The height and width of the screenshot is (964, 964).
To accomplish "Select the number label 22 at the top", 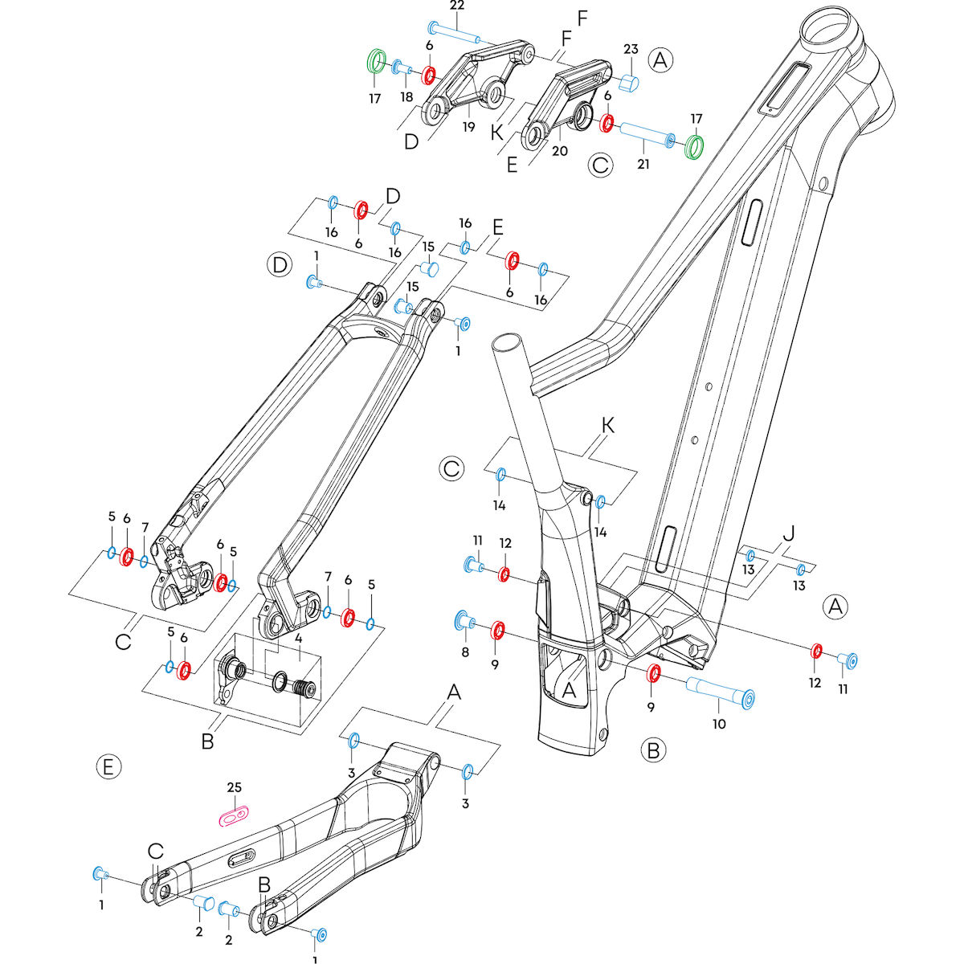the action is (x=457, y=6).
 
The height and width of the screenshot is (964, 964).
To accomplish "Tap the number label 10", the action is (x=718, y=724).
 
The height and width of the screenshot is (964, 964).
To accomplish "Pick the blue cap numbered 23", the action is (x=629, y=81).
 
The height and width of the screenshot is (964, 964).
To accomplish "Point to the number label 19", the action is (x=468, y=127).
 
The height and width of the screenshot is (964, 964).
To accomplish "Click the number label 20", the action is (x=560, y=150).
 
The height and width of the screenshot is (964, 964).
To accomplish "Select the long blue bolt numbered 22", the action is (x=454, y=32).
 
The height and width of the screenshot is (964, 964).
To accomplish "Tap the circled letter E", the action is (x=109, y=767).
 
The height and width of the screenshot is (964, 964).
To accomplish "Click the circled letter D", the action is (x=280, y=264).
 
